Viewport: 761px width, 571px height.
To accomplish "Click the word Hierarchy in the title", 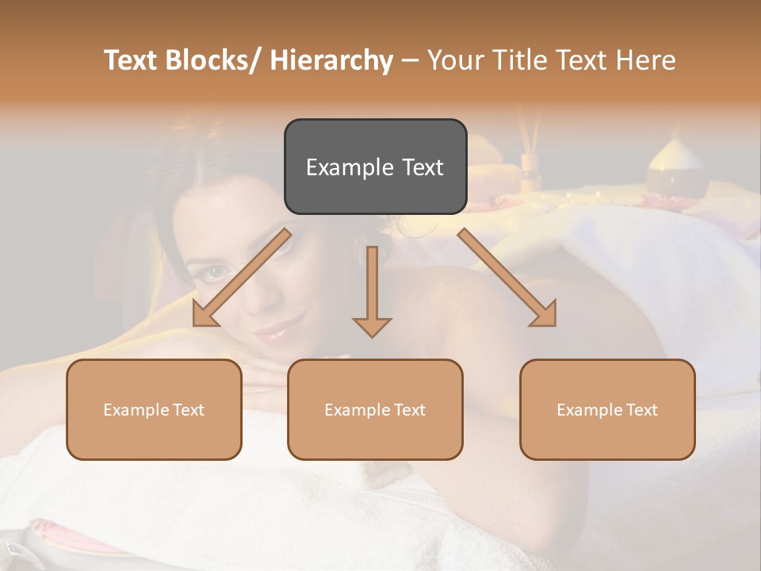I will (331, 60).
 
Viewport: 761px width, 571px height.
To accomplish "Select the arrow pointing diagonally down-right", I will (507, 278).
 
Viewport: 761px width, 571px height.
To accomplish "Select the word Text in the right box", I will (641, 410).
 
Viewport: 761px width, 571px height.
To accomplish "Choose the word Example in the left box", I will (135, 410).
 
